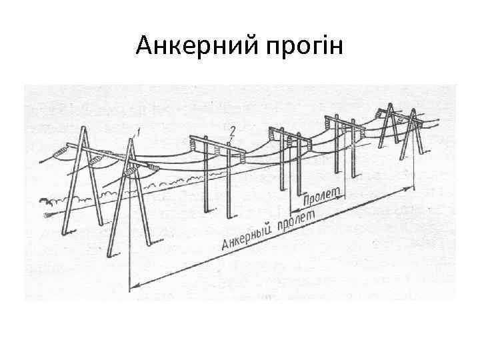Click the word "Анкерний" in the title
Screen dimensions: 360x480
click(x=188, y=47)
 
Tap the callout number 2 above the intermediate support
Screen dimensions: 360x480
click(x=231, y=128)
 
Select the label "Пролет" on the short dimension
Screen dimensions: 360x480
click(x=322, y=197)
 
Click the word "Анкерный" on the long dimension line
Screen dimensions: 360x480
click(x=248, y=236)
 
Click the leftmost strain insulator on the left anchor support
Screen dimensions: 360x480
click(x=61, y=152)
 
